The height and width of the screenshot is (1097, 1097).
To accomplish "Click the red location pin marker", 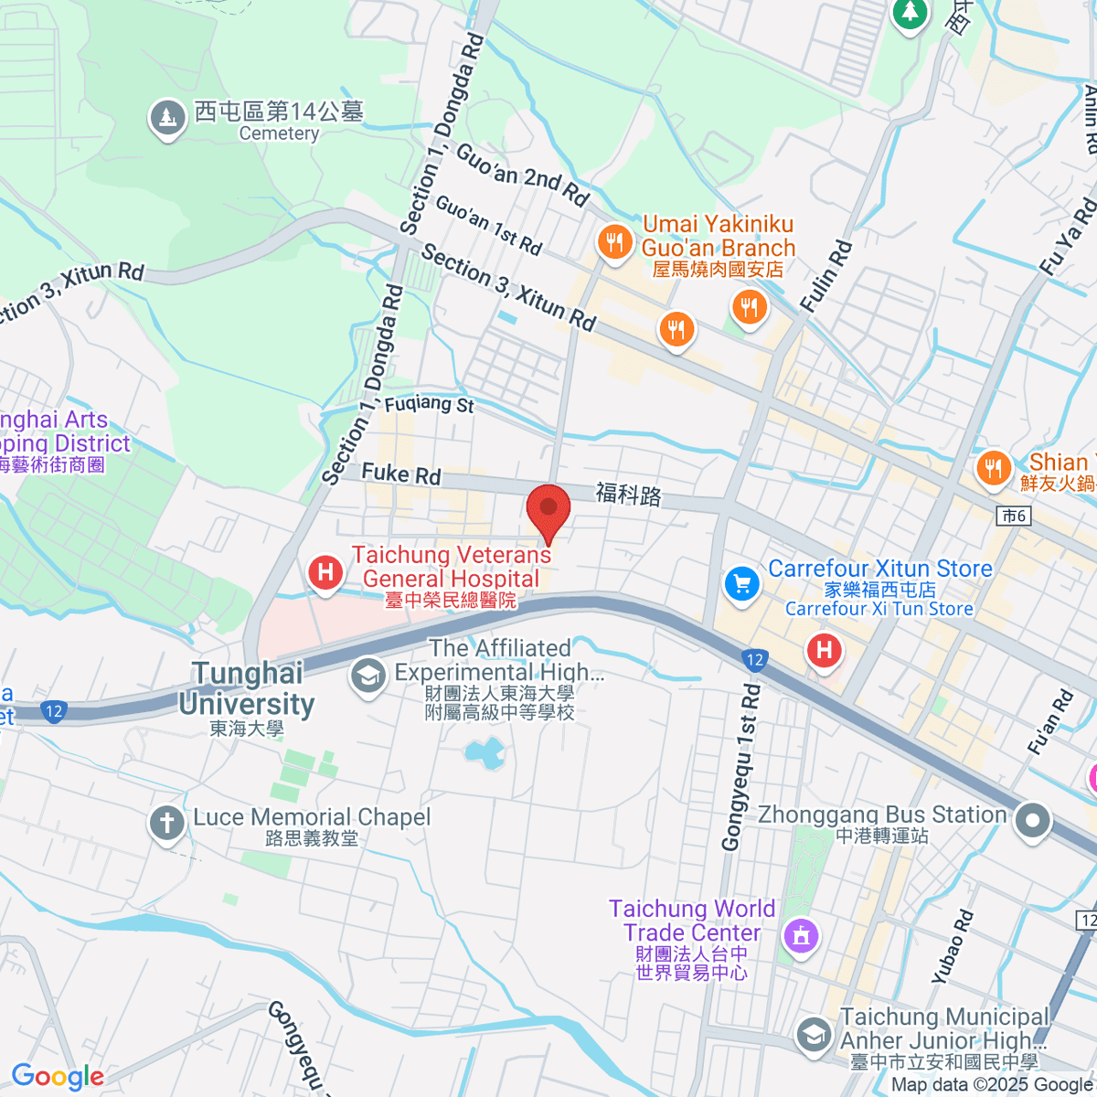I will click(x=548, y=510).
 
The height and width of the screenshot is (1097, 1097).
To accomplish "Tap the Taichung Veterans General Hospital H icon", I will click(x=325, y=573).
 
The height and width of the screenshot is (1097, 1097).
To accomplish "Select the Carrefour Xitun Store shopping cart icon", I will click(x=741, y=584).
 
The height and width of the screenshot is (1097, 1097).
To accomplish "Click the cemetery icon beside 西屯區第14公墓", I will click(x=167, y=118).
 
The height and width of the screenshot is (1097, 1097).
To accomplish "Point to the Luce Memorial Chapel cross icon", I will click(x=166, y=823).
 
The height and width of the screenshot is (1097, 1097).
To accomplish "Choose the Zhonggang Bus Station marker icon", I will click(x=1032, y=820).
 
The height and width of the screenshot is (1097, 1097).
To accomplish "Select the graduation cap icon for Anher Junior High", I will click(x=813, y=1035).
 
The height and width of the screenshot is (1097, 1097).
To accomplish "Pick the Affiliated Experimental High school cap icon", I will click(x=367, y=677).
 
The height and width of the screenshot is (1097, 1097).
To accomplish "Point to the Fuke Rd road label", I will click(x=400, y=474).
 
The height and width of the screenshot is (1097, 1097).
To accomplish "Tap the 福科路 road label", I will click(x=629, y=495).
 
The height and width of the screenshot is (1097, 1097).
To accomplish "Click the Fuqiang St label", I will click(x=429, y=403).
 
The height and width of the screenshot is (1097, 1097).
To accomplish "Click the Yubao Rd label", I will click(x=953, y=946).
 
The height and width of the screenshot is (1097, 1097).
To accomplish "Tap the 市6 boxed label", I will click(x=1014, y=516).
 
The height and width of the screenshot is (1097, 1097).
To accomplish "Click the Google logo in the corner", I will click(x=58, y=1077).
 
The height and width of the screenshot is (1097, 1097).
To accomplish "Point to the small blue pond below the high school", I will click(x=484, y=754).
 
